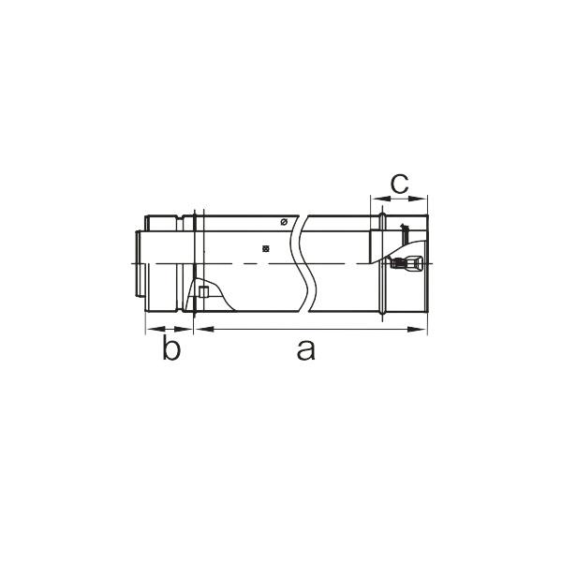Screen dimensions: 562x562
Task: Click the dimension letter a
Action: point(304,350)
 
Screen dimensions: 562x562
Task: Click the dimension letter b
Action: point(170,350)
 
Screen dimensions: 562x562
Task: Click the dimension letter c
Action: point(399,183)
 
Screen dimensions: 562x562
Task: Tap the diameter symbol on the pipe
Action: point(284,222)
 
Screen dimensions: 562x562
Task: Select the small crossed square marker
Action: point(267,249)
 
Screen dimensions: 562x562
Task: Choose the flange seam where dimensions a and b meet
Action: point(192,265)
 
